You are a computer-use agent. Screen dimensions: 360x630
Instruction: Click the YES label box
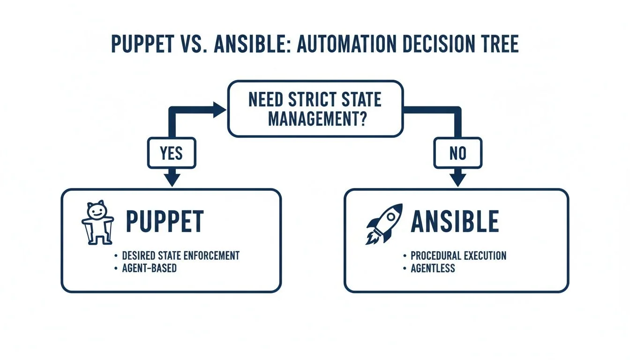(x=172, y=153)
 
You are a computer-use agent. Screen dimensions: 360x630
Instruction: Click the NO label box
(x=457, y=153)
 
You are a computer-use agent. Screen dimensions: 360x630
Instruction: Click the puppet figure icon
(x=97, y=224)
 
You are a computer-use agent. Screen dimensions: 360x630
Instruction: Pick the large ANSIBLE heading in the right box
(x=455, y=222)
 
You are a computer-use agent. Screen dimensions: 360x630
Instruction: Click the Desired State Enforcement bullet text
(x=180, y=255)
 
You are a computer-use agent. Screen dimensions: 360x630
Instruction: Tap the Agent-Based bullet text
(x=149, y=269)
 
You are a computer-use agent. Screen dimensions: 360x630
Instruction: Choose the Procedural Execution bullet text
(x=458, y=255)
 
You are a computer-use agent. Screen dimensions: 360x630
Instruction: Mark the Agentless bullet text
(x=433, y=269)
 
